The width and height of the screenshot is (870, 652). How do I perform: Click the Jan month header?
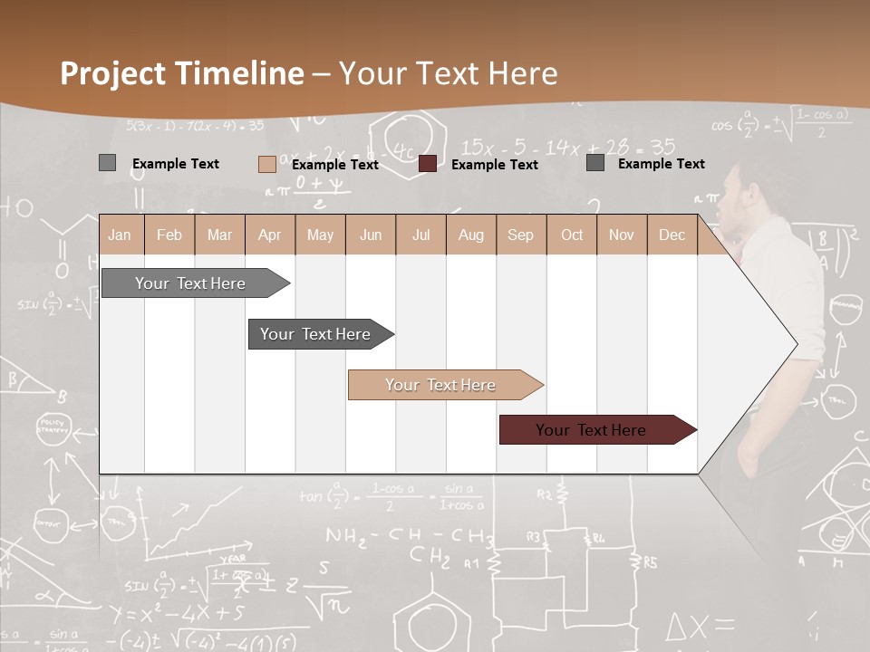click(x=120, y=235)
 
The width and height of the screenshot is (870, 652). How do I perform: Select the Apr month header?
click(x=269, y=235)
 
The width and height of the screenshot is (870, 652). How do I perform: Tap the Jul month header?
click(x=420, y=235)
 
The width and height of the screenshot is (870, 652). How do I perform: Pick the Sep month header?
click(x=520, y=235)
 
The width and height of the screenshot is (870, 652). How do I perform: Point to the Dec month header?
click(x=672, y=235)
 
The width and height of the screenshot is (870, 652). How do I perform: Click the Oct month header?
click(x=572, y=235)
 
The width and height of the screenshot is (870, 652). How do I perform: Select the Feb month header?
click(x=169, y=235)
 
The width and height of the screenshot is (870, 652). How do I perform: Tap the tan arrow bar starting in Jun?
click(x=441, y=385)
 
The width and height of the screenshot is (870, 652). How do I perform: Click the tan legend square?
click(x=266, y=164)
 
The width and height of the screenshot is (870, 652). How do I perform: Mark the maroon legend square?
click(x=428, y=164)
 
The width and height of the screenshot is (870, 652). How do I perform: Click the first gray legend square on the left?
click(x=107, y=163)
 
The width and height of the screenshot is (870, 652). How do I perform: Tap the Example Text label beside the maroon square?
click(x=495, y=165)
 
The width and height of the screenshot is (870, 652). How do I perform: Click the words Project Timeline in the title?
click(x=181, y=73)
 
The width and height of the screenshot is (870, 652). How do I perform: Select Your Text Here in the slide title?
click(x=448, y=73)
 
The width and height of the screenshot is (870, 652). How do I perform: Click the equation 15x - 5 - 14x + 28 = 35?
click(x=567, y=147)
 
